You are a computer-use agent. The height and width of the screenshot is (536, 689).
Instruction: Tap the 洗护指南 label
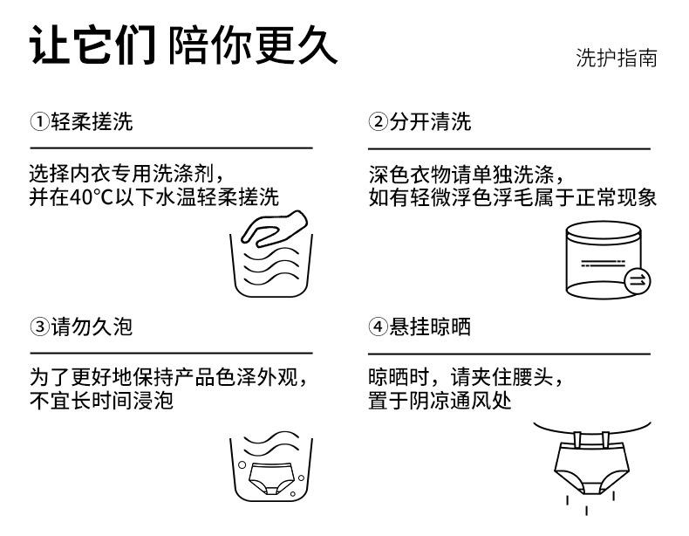coord(616,58)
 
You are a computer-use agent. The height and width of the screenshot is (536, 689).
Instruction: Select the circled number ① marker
coord(38,122)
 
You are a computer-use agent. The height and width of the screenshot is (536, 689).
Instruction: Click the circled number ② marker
coord(377,122)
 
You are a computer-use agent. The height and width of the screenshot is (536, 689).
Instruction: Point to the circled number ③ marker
coord(38,327)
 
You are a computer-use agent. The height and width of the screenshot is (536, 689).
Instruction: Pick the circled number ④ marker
coord(377,327)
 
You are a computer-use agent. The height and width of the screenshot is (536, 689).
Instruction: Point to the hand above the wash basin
coord(270,226)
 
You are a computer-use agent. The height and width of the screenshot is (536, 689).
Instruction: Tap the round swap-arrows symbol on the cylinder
coord(638,279)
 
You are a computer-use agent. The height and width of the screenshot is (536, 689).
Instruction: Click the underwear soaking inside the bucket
coord(271,477)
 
